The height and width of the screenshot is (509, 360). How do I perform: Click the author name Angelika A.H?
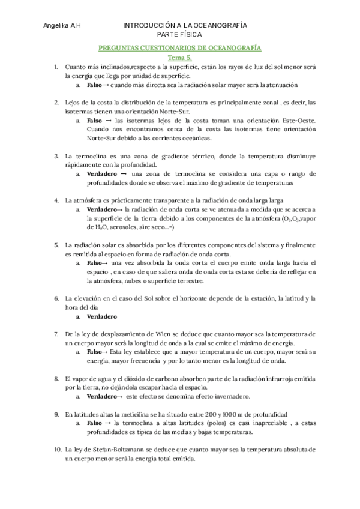(x=62, y=26)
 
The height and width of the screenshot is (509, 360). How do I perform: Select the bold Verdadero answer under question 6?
(x=101, y=316)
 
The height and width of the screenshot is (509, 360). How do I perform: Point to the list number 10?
(x=58, y=450)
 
